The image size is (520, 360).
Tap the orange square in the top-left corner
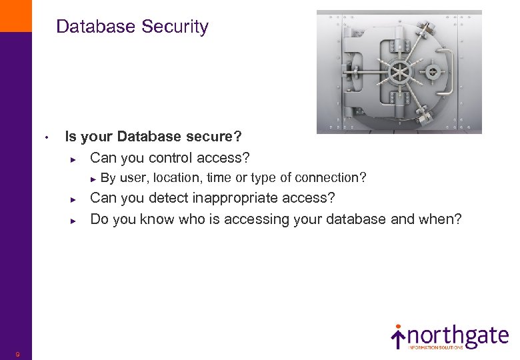[x=15, y=15]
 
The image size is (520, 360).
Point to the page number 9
[x=18, y=354]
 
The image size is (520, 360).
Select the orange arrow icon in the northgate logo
[x=398, y=337]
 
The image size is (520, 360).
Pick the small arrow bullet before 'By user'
[x=94, y=178]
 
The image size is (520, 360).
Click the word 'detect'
[x=168, y=198]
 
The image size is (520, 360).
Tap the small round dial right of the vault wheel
[x=432, y=71]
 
